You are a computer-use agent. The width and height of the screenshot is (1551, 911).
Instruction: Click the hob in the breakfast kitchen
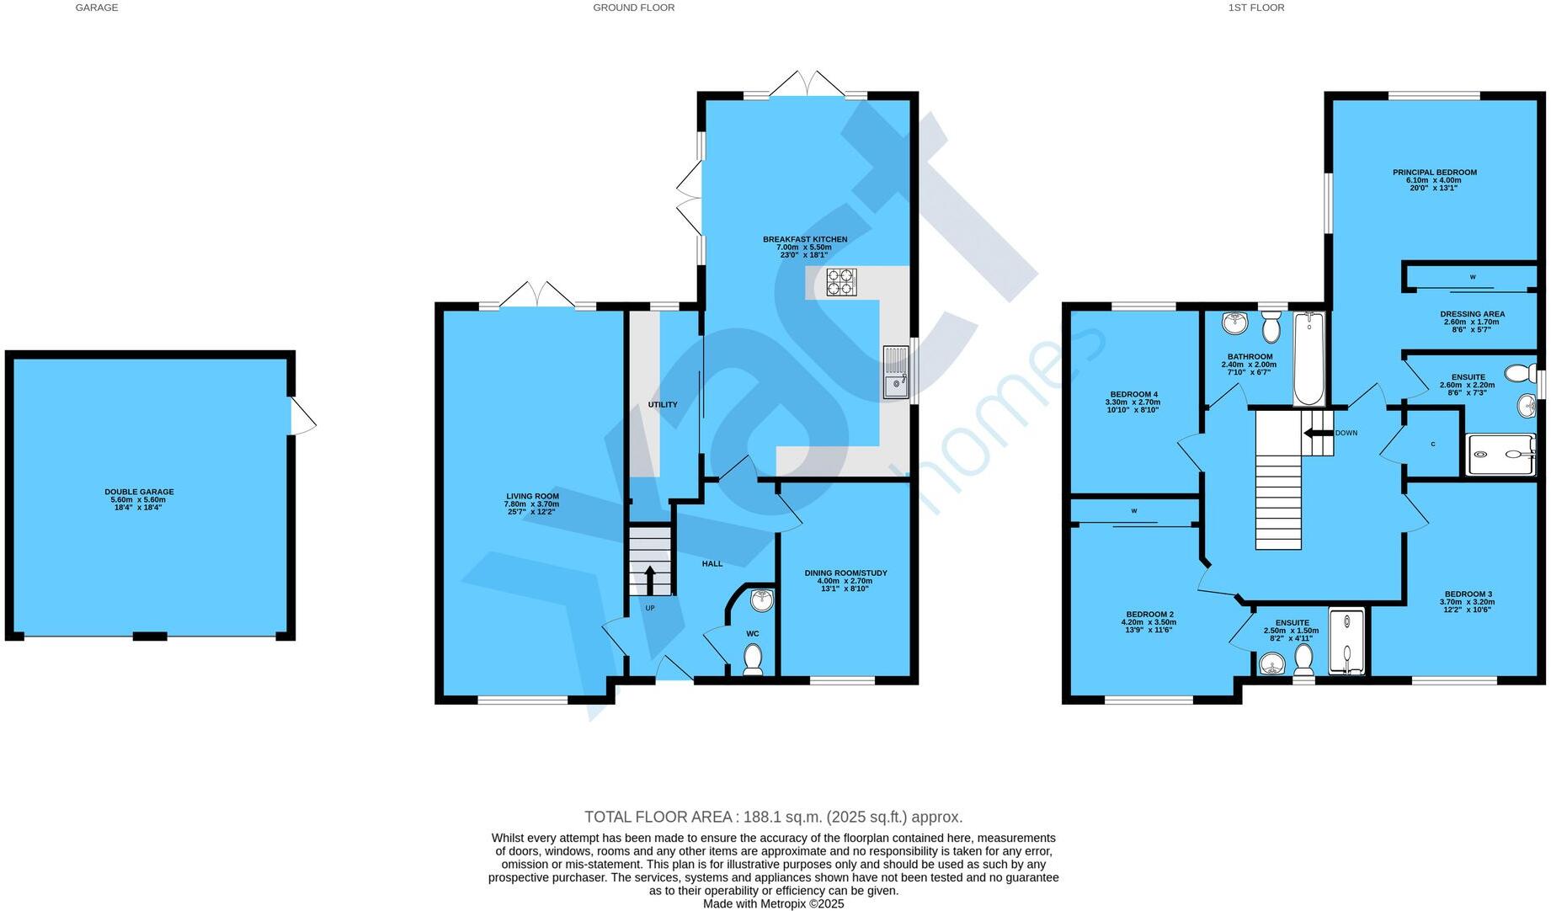(841, 283)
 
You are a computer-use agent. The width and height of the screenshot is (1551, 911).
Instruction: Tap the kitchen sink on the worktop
(895, 371)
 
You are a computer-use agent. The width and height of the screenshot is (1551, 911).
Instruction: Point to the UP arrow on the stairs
(649, 580)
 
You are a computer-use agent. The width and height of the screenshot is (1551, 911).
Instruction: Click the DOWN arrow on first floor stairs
(1312, 433)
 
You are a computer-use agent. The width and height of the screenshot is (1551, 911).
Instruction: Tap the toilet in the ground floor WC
(753, 658)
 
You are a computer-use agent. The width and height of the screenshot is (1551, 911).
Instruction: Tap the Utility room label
(663, 405)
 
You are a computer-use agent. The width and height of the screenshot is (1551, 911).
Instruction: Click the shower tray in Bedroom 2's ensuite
(1347, 642)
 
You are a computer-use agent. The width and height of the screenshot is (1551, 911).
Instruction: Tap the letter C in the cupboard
(1433, 445)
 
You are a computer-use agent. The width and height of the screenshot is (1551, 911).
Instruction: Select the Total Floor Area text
(773, 817)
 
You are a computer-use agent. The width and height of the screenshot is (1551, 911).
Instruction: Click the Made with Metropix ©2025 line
(773, 903)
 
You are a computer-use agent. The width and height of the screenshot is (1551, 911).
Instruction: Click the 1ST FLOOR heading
(1255, 8)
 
